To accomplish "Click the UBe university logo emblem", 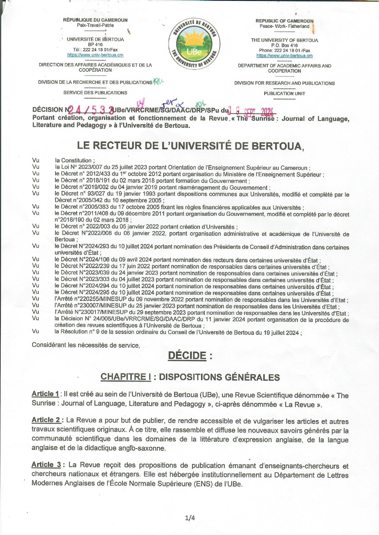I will click(194, 43).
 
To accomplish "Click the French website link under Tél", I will click(95, 55).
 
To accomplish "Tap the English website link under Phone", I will click(284, 56).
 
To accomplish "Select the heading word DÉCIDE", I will click(187, 355).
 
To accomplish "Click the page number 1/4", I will click(190, 518).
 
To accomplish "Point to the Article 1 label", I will click(45, 394).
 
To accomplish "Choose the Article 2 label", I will click(46, 420).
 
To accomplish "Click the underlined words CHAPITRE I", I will click(126, 377).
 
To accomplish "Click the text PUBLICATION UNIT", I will click(284, 94).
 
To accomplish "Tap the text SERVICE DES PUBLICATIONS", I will click(95, 93).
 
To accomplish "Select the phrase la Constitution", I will click(74, 160).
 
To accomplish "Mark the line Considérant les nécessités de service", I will click(86, 345).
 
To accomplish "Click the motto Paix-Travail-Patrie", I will click(95, 25).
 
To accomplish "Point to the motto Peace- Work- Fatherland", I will click(284, 26).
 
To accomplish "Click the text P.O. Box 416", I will click(284, 45).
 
